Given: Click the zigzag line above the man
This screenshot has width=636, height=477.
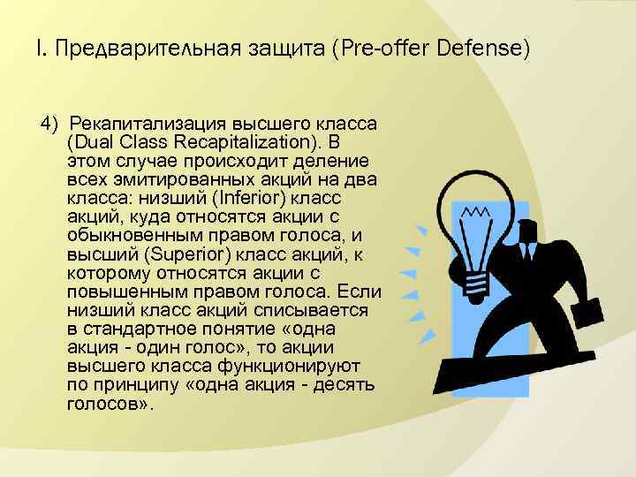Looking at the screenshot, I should pyautogui.click(x=477, y=213).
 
